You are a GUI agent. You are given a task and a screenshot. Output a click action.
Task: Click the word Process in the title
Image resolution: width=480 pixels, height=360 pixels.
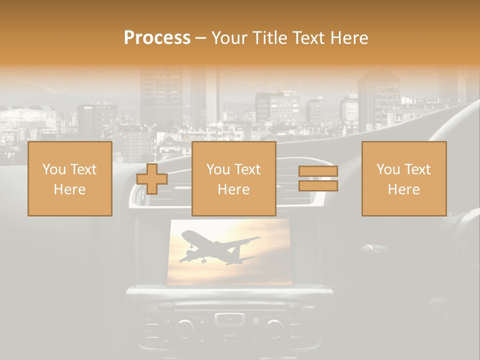point(157,38)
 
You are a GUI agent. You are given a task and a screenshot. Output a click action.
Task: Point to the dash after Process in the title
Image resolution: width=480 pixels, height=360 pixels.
point(200,38)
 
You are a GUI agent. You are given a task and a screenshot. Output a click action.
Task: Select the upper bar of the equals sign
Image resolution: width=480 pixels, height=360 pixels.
point(318,171)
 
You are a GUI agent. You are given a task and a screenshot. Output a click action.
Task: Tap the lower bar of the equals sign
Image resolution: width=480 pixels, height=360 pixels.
point(318,186)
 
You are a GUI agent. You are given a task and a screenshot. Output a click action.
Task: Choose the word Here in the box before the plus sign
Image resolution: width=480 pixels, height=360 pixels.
point(69,189)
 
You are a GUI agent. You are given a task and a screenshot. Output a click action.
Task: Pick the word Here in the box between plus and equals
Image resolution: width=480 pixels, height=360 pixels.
point(233,189)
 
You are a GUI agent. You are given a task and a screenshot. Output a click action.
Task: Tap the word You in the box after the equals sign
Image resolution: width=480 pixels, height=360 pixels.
point(388,169)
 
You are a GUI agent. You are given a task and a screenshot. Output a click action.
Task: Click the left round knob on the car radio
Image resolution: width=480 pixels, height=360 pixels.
point(185,327)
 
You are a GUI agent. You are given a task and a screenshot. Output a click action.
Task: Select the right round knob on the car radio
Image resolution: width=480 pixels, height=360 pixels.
point(274,327)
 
